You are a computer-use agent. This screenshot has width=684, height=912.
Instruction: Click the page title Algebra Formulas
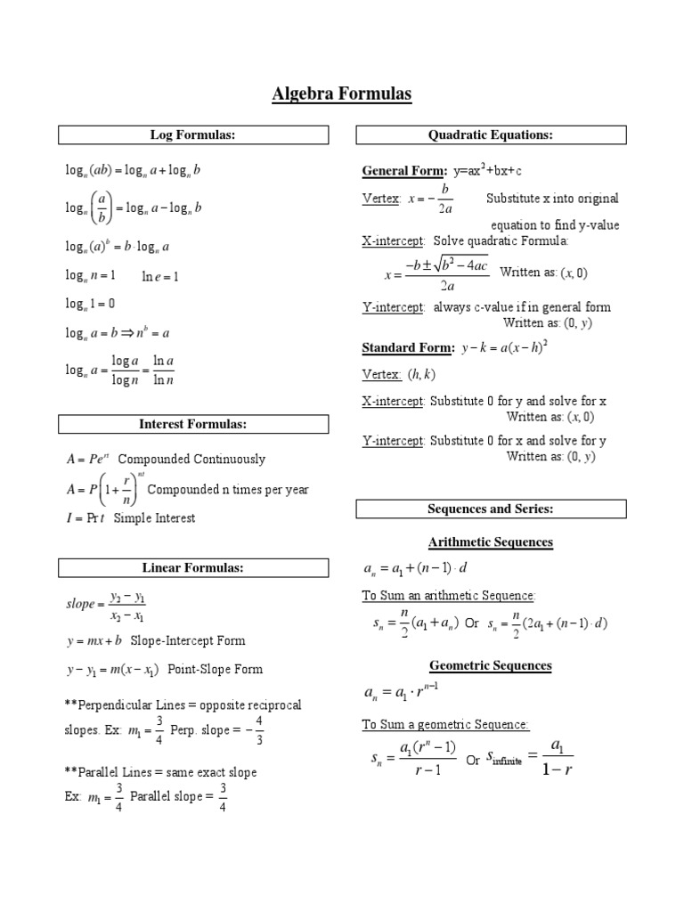coord(342,95)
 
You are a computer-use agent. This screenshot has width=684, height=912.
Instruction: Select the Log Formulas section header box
coord(193,135)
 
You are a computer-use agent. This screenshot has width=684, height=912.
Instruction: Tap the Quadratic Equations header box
coord(491,135)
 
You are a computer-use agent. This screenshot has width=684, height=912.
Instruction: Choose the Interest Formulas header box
coord(193,424)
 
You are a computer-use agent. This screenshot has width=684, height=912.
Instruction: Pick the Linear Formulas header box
coord(193,567)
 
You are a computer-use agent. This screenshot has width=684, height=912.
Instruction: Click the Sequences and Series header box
coord(491,509)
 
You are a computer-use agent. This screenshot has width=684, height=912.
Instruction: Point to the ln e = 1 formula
coord(161,277)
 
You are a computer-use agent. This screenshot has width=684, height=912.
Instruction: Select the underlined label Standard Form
coord(408,346)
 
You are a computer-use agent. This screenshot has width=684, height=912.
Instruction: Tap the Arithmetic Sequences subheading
coord(491,541)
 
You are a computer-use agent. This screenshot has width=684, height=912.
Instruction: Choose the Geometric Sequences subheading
coord(491,665)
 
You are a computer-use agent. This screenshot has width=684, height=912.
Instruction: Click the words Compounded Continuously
coord(191,460)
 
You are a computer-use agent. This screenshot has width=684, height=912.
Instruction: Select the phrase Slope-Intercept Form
coord(188,640)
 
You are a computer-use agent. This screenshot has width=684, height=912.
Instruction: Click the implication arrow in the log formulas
coord(122,333)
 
